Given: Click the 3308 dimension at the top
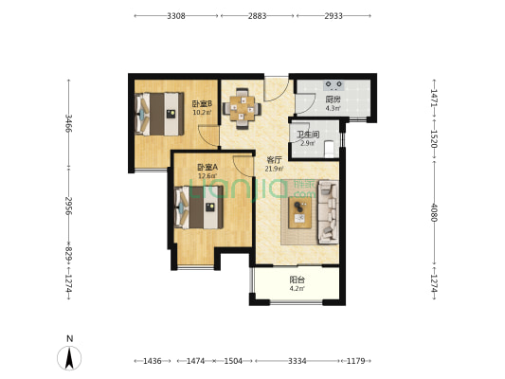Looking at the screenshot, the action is coord(176,16).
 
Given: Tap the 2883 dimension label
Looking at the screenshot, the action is coord(257,16).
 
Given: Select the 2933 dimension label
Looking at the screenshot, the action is coord(334,16).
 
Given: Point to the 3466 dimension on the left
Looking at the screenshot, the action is coord(69,123).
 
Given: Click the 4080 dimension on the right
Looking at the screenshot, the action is coord(434,212).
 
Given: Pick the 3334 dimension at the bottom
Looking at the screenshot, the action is coord(297,361).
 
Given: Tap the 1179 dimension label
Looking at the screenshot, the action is coord(355,361).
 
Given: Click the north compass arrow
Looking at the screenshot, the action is coord(69,358).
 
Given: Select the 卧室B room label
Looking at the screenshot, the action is coord(202,104).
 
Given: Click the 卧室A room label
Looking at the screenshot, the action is coord(207,168).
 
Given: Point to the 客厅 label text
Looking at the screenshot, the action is coord(275,160).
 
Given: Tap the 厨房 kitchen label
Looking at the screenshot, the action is coord(333,99).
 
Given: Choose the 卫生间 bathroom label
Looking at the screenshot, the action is coord(308,135).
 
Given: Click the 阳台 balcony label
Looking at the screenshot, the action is coord(297,280).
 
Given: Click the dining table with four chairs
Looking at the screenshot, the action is coord(242,109).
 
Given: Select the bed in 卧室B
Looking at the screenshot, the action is coord(159,114).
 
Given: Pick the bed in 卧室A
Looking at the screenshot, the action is coord(199,208).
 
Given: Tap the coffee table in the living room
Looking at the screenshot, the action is coord(299,212).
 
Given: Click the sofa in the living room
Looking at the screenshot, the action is coord(328,211).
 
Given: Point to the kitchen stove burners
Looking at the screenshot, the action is coord(334,85).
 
